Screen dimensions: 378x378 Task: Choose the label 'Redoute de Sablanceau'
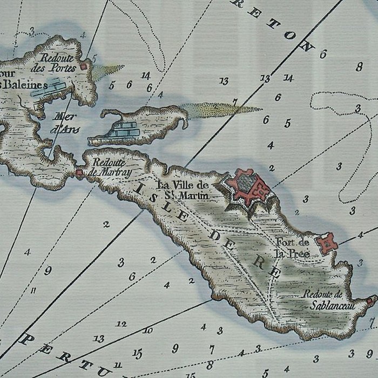[x=323, y=299]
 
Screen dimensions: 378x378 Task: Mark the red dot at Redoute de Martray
[x=79, y=173]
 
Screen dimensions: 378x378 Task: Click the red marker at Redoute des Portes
[x=84, y=66]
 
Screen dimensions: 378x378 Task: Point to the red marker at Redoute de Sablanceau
[x=370, y=300]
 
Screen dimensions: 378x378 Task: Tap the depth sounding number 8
[x=359, y=67]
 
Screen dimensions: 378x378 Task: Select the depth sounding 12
[x=122, y=324]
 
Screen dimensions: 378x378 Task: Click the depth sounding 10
[x=148, y=330]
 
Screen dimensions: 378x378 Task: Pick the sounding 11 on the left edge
[x=33, y=290]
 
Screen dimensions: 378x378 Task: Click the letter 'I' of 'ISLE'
[x=140, y=187]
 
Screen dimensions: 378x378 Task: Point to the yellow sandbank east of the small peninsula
[x=221, y=110]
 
